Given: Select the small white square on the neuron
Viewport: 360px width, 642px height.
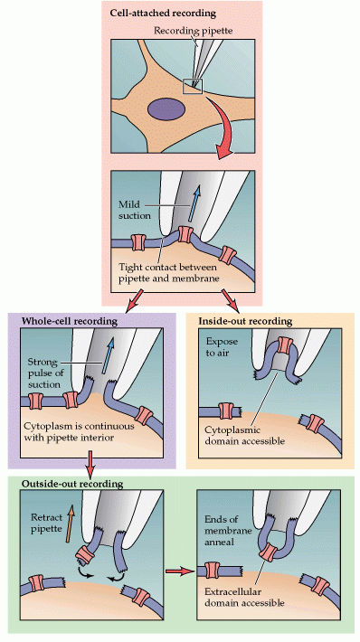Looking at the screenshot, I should click(x=194, y=86).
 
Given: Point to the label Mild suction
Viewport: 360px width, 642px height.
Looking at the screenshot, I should click(x=134, y=211).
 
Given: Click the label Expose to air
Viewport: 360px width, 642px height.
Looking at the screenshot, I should click(x=220, y=349).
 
